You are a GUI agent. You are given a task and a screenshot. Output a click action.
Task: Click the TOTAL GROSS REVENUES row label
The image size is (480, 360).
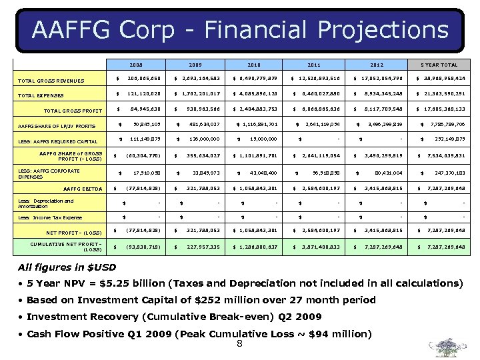coord(51,81)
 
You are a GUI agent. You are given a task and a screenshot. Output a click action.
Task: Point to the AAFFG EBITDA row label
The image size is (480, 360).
coord(83,189)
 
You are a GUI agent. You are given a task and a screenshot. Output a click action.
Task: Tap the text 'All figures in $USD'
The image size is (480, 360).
coord(67,268)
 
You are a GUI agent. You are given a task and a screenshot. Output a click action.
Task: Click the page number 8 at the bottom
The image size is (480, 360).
coord(239,344)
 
